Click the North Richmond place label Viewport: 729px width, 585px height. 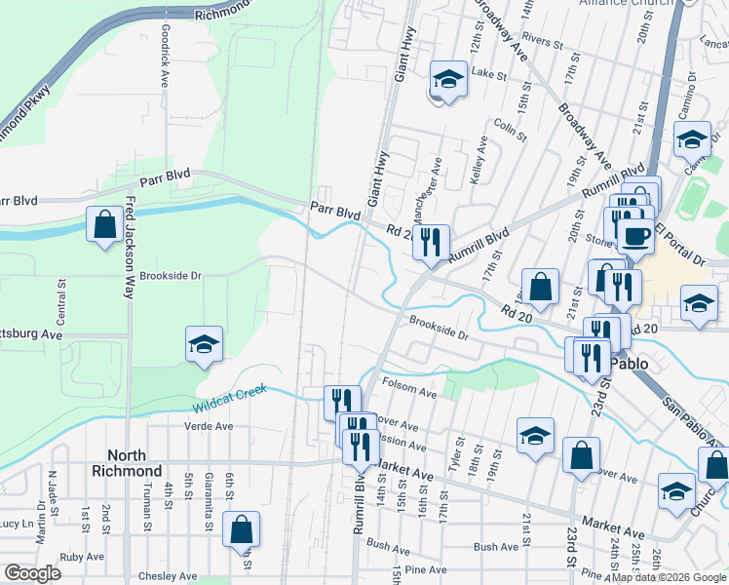point(134,463)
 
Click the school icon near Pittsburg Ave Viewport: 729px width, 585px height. point(204,344)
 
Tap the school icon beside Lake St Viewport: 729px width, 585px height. point(447,79)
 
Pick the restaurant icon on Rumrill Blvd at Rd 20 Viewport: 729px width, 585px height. point(431,241)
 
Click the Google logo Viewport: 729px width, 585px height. point(32,573)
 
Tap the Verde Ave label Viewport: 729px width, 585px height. point(209,426)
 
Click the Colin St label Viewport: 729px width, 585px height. point(504,126)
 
